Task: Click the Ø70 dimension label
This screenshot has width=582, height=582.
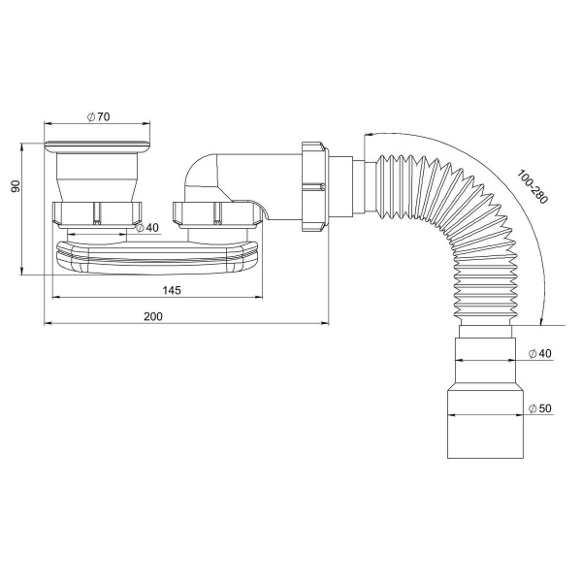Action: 98,116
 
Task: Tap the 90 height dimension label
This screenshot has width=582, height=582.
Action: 16,186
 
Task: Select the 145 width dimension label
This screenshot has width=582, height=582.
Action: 172,290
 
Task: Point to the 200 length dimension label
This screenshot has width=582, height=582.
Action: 153,316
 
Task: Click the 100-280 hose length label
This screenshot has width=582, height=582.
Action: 533,186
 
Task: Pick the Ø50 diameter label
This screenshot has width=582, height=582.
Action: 540,408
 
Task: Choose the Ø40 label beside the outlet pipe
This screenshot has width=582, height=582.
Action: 540,353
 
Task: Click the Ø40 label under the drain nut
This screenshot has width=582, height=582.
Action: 147,228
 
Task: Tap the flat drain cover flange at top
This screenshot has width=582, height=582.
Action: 97,146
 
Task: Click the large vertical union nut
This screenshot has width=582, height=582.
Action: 314,186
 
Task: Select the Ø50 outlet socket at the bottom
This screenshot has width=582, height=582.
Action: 486,423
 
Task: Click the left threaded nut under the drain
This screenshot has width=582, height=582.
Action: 97,214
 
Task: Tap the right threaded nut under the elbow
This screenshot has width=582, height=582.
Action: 217,214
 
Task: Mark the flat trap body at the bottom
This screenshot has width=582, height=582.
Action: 157,257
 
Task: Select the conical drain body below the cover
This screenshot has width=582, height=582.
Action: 97,178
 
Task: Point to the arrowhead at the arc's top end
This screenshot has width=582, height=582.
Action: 368,135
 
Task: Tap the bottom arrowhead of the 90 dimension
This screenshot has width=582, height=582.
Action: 21,271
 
